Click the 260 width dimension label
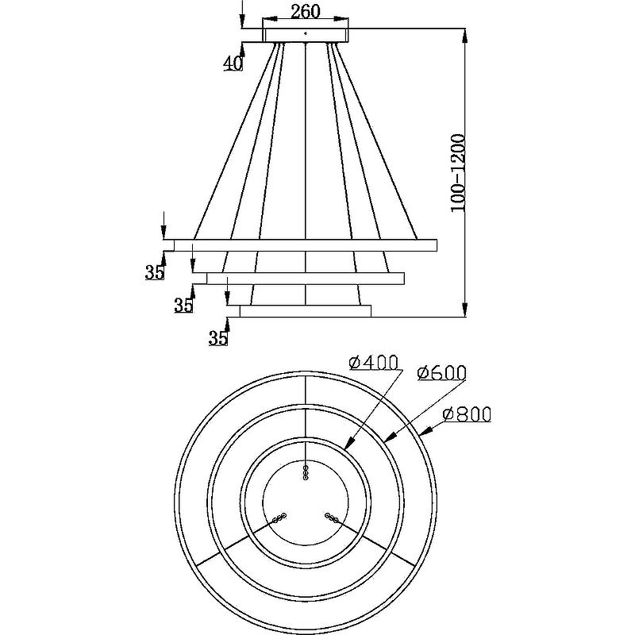306,11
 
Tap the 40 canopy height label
233,63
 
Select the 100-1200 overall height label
459,172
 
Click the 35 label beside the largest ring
155,272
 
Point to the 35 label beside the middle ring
183,305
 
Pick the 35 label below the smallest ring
217,338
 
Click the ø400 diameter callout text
373,363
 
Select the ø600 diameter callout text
442,372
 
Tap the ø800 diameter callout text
467,414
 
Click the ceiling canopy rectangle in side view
306,35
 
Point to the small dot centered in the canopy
306,33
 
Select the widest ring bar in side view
306,245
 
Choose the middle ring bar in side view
306,279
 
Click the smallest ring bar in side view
306,311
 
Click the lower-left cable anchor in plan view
279,518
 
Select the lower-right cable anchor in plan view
331,518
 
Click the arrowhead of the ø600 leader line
389,438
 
